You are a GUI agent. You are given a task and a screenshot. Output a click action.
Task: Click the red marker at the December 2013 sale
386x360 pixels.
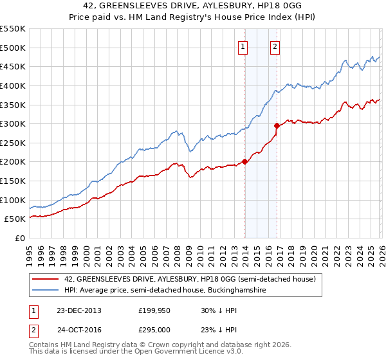click(x=244, y=162)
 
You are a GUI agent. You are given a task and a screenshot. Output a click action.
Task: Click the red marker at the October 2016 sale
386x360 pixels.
click(x=277, y=126)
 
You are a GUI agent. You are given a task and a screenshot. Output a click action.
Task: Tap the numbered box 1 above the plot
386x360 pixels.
click(x=243, y=46)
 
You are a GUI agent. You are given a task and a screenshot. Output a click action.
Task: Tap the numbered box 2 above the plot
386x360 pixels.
click(x=275, y=46)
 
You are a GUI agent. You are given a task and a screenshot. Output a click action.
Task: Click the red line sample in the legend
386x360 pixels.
click(x=46, y=280)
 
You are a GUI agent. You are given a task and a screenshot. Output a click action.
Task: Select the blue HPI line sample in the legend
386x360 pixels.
click(x=46, y=291)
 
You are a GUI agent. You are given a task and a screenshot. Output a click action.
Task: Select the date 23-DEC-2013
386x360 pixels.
click(x=78, y=310)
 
